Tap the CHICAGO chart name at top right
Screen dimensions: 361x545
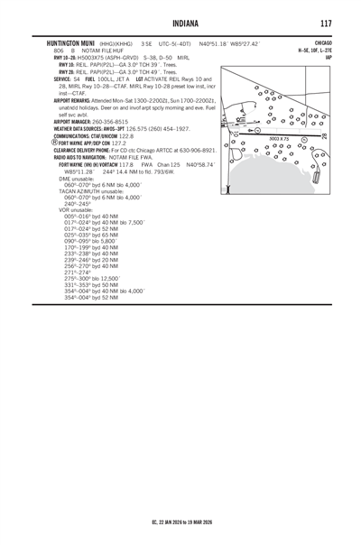coord(323,42)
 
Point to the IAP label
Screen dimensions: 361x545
coord(328,59)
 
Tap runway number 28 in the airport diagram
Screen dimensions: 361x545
coord(326,135)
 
